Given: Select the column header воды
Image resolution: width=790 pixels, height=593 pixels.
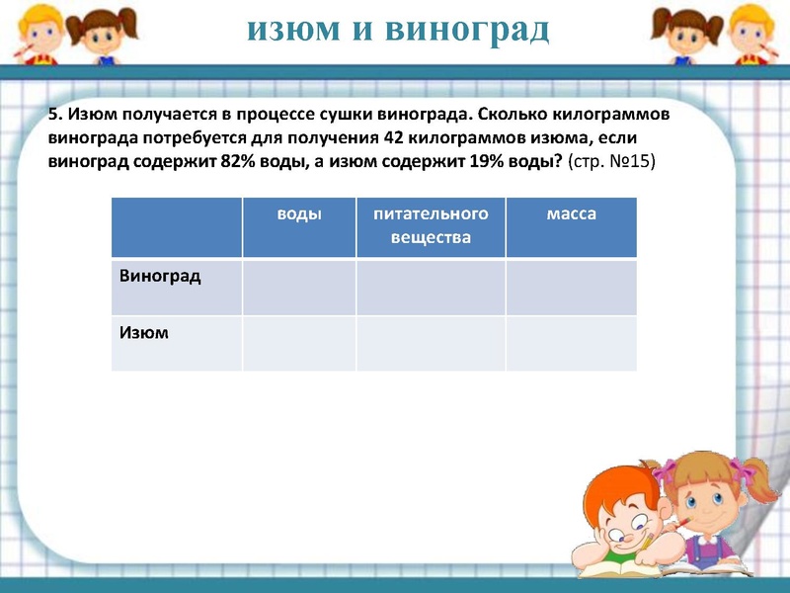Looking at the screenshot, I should click(298, 213).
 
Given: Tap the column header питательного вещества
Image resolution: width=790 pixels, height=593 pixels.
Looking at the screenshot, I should click(431, 225).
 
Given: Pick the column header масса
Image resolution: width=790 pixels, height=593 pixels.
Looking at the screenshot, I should click(571, 213).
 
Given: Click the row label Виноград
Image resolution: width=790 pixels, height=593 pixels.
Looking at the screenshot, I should click(160, 275).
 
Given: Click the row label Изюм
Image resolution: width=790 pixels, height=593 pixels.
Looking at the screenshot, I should click(144, 333).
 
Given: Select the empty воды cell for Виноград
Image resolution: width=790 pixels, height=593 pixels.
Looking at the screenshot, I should click(298, 288).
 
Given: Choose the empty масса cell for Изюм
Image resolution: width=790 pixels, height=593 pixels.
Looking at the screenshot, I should click(571, 344).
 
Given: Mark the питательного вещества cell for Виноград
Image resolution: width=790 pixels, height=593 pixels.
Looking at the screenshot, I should click(431, 288).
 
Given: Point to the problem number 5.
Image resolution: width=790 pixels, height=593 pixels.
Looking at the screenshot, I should click(53, 115).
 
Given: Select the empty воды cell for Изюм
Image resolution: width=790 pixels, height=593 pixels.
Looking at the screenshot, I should click(298, 344).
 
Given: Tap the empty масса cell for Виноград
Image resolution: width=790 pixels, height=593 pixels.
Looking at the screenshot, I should click(571, 288).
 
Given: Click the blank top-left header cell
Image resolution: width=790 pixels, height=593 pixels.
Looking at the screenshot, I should click(177, 227).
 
